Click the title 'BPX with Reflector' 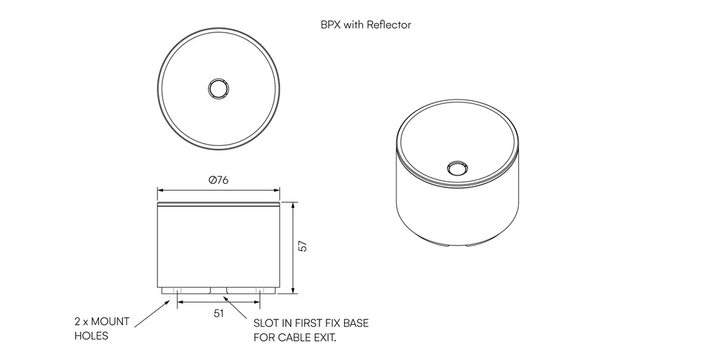pos(365,25)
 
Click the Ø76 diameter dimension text pos(218,180)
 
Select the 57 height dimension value pos(303,246)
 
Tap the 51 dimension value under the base pos(218,313)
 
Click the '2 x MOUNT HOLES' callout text pos(102,328)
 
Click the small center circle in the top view pos(218,89)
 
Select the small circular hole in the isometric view pos(457,168)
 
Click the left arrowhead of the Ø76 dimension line pos(159,189)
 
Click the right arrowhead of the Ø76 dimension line pos(277,189)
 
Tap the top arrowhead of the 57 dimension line pos(293,204)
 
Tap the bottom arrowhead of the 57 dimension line pos(293,290)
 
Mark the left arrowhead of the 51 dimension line pos(180,302)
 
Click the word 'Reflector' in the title pos(389,25)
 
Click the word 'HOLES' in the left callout pos(91,336)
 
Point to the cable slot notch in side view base pos(218,289)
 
